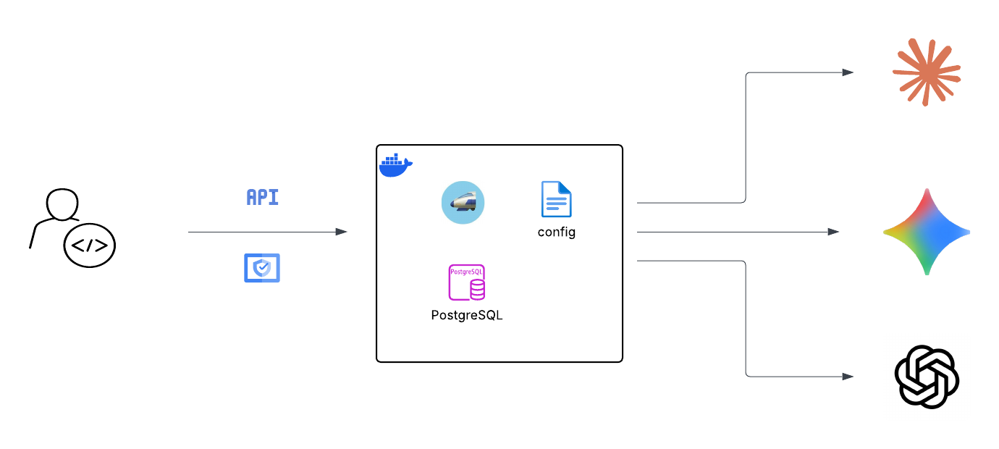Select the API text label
[x=262, y=197]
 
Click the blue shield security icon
[x=262, y=268]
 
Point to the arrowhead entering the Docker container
[x=342, y=232]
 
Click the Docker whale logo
[x=395, y=165]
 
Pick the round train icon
[x=463, y=202]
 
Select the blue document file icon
[x=556, y=199]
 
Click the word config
[x=556, y=232]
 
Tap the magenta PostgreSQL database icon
[x=466, y=282]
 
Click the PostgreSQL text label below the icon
[x=466, y=316]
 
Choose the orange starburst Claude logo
[x=926, y=72]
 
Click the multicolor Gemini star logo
[x=926, y=232]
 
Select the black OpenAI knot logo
[x=927, y=377]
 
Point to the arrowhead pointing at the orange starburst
[x=848, y=72]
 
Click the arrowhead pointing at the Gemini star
[x=834, y=232]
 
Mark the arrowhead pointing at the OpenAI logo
[x=848, y=377]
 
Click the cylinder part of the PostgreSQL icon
[x=477, y=290]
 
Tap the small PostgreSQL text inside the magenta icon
[x=466, y=271]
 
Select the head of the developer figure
[x=62, y=203]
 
